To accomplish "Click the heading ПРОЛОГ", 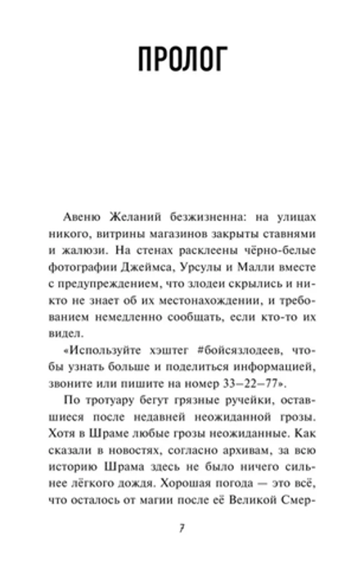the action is [179, 61].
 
